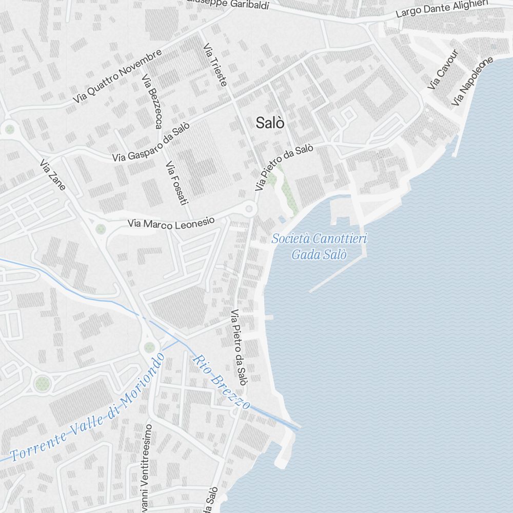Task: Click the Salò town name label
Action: [270, 123]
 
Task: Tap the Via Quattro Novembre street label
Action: [117, 76]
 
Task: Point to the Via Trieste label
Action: [215, 64]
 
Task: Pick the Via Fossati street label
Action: [174, 183]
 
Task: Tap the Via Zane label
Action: [52, 174]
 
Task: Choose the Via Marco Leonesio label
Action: [171, 223]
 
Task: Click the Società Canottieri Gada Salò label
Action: [319, 246]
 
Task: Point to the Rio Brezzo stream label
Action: [221, 381]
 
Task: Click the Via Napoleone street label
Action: [472, 82]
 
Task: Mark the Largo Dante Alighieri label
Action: [442, 9]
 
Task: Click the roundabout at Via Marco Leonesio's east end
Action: [249, 208]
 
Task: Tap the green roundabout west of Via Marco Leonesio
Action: [101, 228]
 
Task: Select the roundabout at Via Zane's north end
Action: [9, 129]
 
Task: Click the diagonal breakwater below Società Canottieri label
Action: [336, 274]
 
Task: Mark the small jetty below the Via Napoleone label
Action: [456, 146]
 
